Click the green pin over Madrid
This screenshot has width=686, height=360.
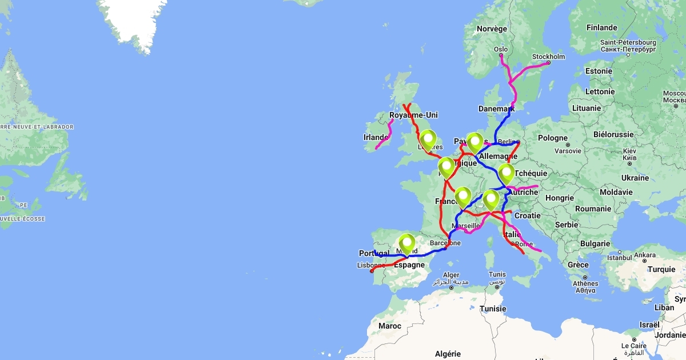[406, 243]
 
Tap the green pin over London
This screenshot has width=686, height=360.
[428, 139]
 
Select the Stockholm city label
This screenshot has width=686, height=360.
[548, 57]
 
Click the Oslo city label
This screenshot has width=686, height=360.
[501, 50]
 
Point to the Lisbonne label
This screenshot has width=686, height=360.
[370, 265]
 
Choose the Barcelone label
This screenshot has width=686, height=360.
[445, 243]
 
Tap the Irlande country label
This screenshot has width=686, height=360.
[376, 137]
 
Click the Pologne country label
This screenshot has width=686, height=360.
[553, 138]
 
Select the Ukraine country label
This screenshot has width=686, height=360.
[635, 178]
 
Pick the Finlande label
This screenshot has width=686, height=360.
[601, 27]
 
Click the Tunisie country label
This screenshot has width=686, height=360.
[493, 309]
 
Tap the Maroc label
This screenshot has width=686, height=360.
[389, 326]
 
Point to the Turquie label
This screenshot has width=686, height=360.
[661, 269]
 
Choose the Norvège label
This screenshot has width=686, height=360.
[492, 29]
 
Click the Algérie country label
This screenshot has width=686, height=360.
[448, 354]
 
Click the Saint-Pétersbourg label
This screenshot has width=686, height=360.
[628, 42]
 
